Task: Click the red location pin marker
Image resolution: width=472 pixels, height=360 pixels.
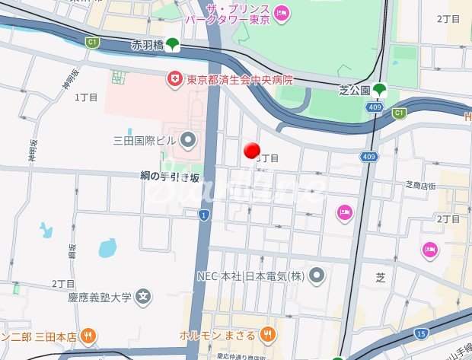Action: coord(252,151)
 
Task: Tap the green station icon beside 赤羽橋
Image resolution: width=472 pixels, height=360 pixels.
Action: coord(174,44)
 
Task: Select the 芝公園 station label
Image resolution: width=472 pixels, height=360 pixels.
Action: coord(354,91)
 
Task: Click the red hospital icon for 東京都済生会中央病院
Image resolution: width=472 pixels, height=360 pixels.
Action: coord(174,79)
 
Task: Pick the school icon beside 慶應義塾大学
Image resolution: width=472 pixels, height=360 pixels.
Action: coord(142,297)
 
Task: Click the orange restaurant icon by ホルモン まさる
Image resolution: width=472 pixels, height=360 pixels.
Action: coord(267,334)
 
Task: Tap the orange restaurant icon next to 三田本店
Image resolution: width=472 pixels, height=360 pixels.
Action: coord(88,335)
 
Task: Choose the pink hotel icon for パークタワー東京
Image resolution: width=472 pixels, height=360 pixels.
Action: coord(280,12)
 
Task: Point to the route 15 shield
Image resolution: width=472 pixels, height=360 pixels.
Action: coord(420,333)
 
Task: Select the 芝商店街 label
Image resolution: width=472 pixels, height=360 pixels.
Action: coord(419,185)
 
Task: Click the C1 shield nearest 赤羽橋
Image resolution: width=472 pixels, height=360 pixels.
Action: coord(93,42)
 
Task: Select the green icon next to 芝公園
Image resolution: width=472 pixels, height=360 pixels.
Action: coord(379,91)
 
